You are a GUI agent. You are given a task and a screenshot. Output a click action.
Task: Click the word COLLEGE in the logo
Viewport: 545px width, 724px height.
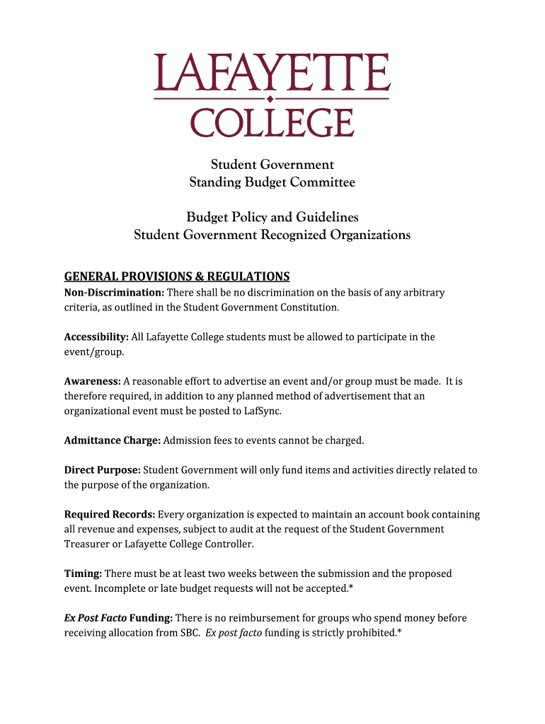(272, 122)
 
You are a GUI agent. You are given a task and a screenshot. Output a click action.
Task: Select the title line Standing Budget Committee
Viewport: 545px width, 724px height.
(272, 182)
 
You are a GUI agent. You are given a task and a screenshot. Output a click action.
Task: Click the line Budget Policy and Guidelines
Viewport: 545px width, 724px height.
(272, 216)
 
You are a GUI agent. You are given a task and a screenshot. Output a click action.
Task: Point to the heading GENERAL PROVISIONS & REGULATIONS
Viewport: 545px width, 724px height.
(177, 276)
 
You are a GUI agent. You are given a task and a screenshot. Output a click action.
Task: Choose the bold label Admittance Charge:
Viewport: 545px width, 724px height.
(112, 440)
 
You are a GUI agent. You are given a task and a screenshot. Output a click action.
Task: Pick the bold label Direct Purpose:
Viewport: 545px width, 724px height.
(102, 470)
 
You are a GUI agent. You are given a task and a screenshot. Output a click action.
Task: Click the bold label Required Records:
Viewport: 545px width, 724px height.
(110, 515)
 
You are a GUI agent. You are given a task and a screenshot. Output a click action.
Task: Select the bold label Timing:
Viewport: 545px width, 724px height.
(83, 573)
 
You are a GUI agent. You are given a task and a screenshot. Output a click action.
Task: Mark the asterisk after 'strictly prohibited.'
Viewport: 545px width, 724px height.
(400, 632)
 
